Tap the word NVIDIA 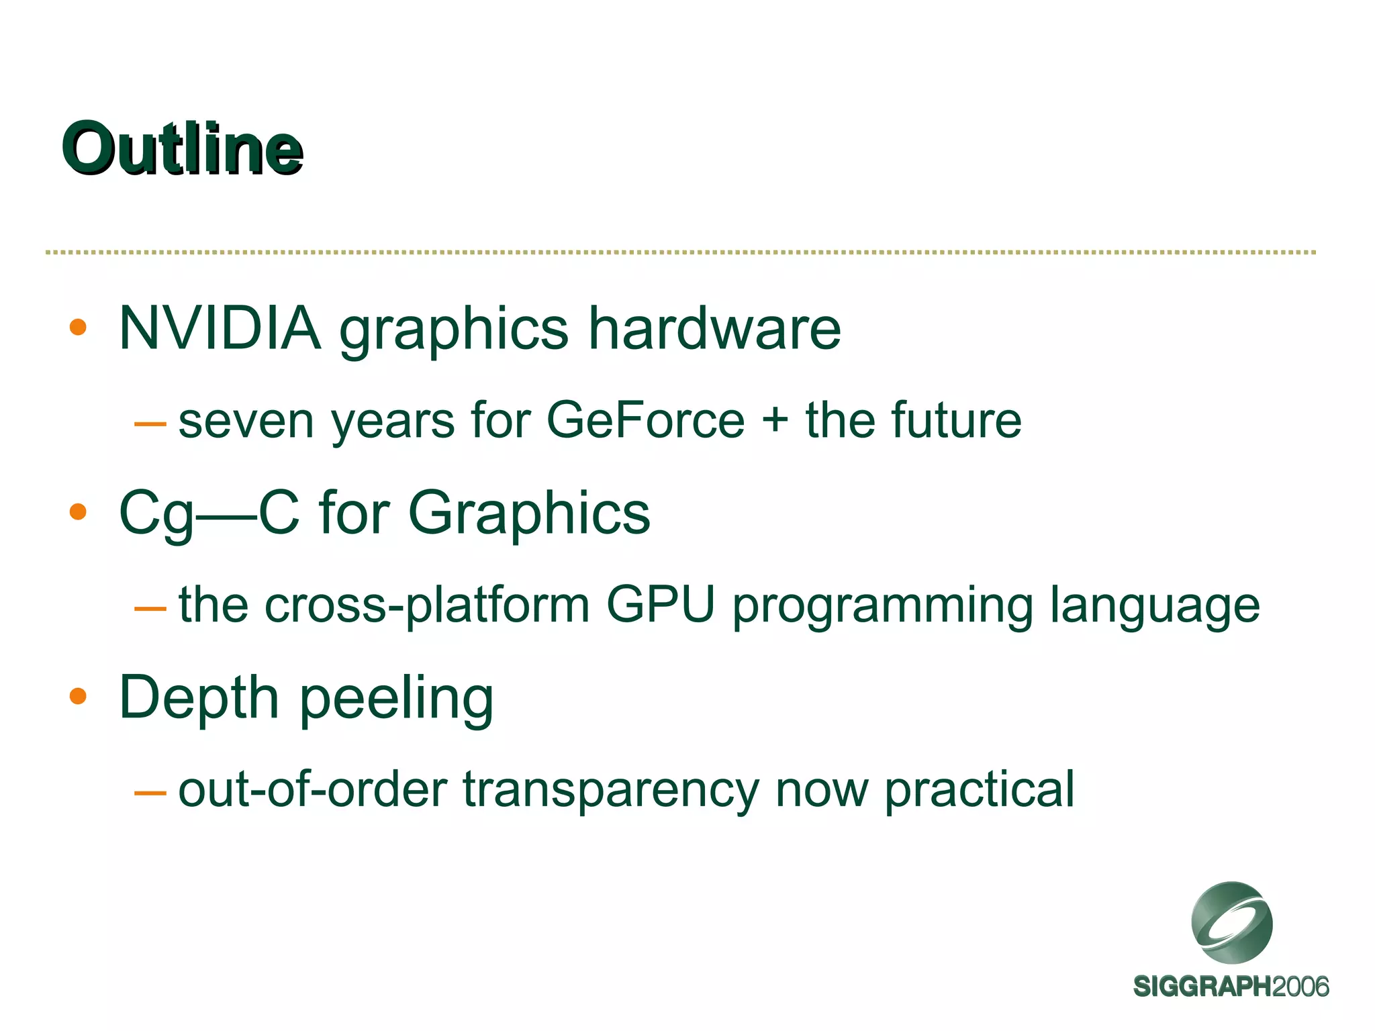click(220, 328)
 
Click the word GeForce click(646, 421)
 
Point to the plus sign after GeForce click(775, 421)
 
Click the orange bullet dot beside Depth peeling click(78, 696)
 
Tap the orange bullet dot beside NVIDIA click(78, 327)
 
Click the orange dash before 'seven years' click(150, 424)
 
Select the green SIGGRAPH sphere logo click(1231, 923)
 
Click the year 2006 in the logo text click(1300, 987)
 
